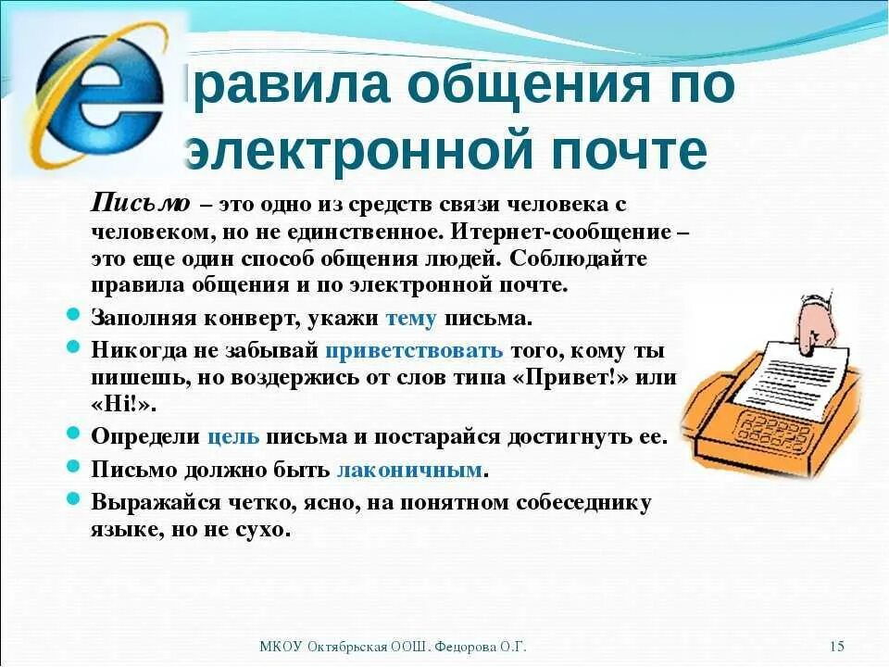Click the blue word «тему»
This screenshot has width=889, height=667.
point(410,318)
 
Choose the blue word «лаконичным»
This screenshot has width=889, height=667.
point(409,469)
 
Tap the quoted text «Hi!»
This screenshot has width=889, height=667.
point(124,405)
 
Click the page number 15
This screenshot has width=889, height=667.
point(837,646)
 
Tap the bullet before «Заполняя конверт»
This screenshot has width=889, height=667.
point(73,315)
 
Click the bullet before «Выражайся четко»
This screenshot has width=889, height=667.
point(73,499)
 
